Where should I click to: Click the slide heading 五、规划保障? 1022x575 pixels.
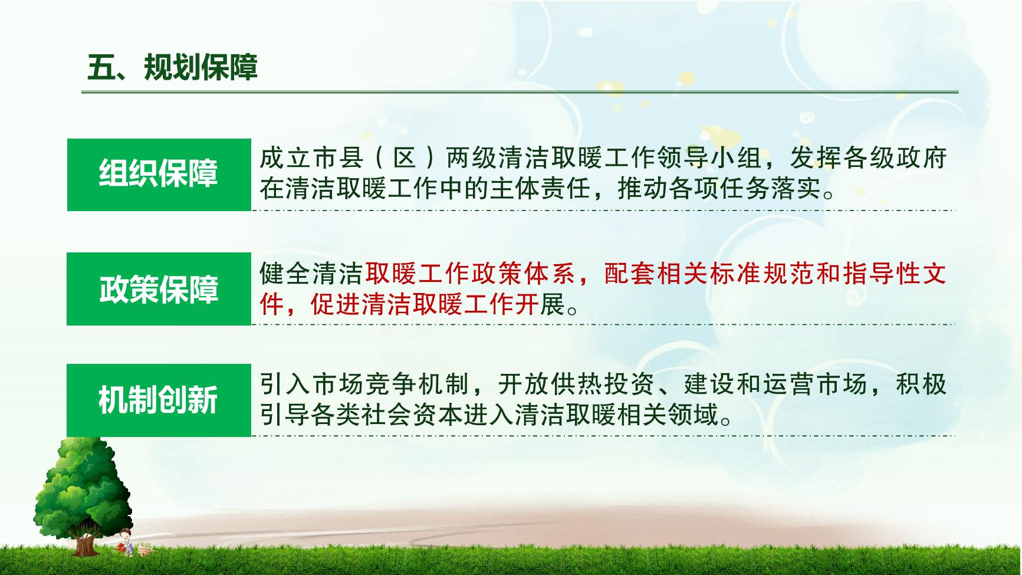click(x=172, y=67)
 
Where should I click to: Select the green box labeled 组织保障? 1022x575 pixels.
click(x=159, y=175)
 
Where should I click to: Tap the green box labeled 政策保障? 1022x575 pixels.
click(x=159, y=289)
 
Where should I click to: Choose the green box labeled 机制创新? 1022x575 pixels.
click(x=159, y=400)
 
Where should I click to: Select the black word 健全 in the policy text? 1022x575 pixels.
click(x=285, y=274)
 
